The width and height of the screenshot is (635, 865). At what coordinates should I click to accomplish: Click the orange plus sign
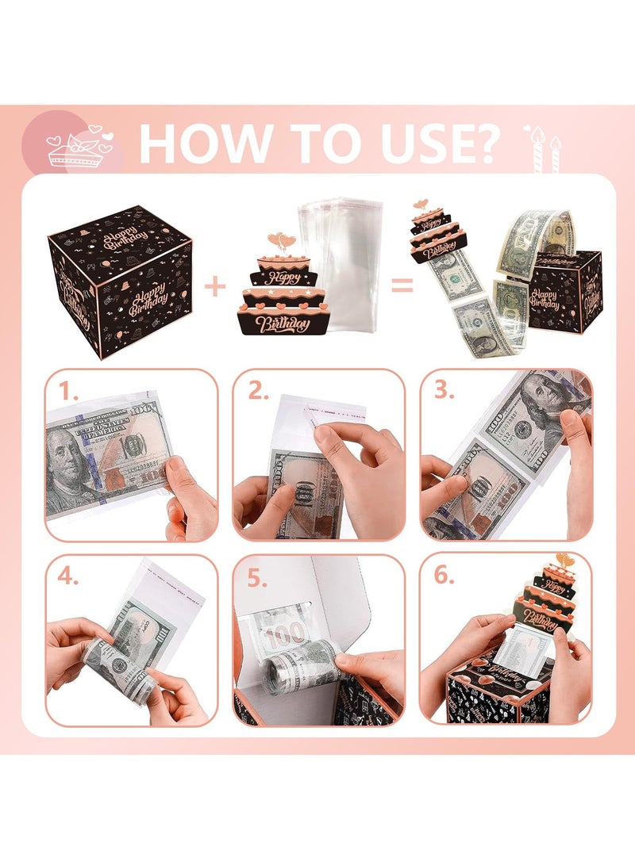pos(215,286)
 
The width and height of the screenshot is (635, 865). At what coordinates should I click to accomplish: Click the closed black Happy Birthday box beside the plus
pos(121,279)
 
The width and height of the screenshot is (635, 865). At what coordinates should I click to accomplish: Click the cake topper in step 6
pos(565,595)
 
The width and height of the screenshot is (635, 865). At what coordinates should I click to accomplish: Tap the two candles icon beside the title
pos(543,147)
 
